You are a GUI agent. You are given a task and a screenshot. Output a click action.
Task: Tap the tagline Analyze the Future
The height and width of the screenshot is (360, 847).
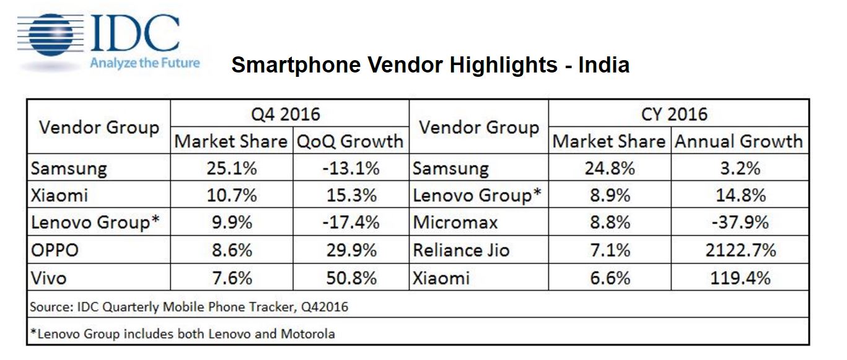[144, 63]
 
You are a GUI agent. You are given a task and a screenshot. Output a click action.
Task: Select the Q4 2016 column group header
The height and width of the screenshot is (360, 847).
[289, 114]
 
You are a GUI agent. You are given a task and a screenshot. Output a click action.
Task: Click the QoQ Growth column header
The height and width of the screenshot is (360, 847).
[349, 141]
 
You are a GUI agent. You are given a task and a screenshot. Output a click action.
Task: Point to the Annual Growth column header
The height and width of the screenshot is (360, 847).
[739, 141]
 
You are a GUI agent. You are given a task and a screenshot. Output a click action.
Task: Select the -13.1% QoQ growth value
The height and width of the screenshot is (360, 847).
[350, 169]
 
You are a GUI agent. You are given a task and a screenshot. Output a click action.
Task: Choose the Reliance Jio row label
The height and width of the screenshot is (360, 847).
[461, 250]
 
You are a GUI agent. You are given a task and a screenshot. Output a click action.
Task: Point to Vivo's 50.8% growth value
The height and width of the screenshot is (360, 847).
[350, 278]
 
